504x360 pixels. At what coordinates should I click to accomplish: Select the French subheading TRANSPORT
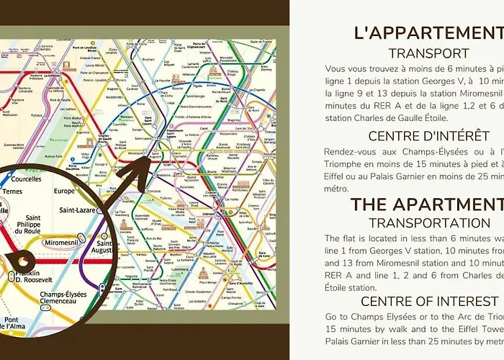click(x=428, y=53)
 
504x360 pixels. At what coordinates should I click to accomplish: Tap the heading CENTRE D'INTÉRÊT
click(x=428, y=136)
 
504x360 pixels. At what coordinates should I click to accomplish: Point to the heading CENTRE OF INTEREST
click(x=430, y=301)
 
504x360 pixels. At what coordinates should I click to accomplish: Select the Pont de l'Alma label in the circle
click(x=14, y=323)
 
